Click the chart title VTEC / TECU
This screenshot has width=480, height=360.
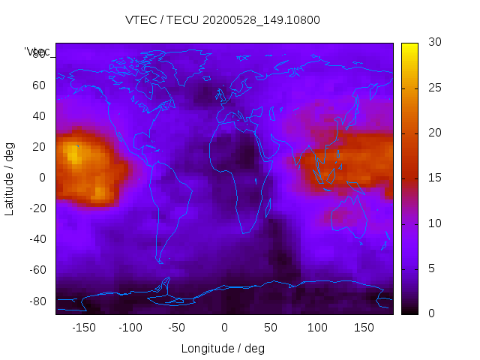(x=223, y=20)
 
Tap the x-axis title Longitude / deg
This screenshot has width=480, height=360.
(x=223, y=348)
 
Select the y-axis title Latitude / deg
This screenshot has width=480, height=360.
(x=10, y=178)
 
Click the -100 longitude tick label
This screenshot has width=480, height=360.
(x=130, y=327)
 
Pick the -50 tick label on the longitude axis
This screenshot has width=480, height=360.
(x=177, y=327)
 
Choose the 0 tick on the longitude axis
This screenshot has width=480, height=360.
(x=224, y=327)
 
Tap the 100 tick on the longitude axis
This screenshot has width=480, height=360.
(x=317, y=327)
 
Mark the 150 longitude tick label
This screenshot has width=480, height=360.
(x=364, y=327)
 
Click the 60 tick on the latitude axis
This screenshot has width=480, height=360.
(x=39, y=85)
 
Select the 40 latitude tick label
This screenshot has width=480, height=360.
(x=39, y=115)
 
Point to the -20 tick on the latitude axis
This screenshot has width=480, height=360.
(x=37, y=208)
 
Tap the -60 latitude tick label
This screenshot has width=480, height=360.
(x=37, y=270)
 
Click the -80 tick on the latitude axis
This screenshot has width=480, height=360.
(x=37, y=301)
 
